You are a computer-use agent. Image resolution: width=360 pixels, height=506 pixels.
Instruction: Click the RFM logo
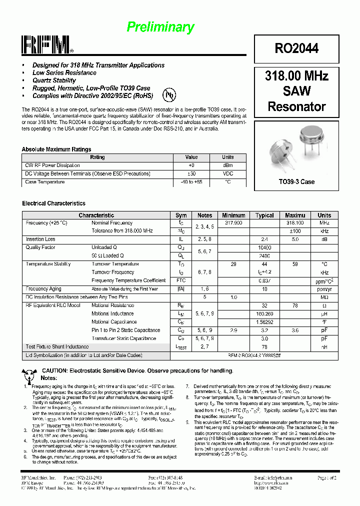click(47, 45)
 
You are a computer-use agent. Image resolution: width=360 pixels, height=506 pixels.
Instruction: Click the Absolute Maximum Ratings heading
click(56, 149)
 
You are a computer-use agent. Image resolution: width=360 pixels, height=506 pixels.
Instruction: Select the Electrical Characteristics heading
click(53, 203)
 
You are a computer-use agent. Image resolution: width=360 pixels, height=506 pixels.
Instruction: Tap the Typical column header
click(264, 215)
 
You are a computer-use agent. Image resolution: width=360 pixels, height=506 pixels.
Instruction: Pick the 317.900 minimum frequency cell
click(233, 223)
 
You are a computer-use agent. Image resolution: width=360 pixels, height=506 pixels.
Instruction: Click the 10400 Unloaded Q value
click(264, 247)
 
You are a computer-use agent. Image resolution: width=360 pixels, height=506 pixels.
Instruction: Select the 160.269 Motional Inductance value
click(264, 313)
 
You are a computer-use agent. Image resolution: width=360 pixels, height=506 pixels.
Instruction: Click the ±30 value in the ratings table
click(191, 173)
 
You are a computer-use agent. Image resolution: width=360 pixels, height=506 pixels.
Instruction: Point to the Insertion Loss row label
click(40, 239)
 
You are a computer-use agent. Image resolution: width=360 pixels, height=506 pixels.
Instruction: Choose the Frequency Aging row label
click(43, 289)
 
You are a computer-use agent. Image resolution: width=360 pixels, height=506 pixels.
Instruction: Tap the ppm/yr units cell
click(324, 289)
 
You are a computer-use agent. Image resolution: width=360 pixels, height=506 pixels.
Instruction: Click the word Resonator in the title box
click(296, 106)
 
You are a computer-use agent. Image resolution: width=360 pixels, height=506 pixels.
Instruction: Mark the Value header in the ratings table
click(191, 157)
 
